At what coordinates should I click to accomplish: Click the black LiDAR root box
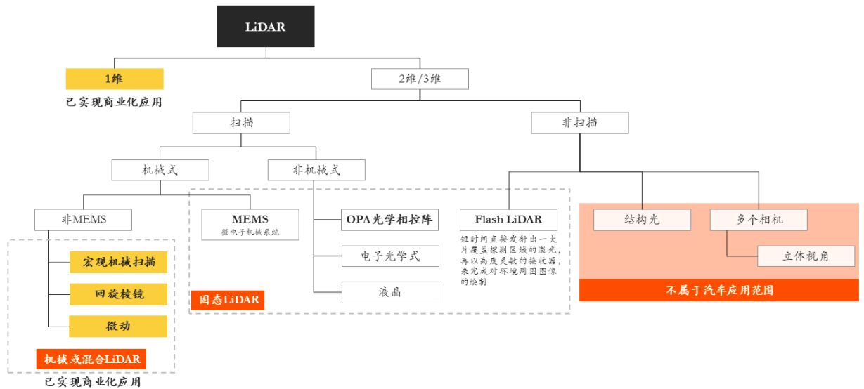(265, 27)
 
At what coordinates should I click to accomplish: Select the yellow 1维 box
(115, 79)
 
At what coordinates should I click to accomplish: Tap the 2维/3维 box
(420, 79)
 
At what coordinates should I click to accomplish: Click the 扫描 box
(241, 123)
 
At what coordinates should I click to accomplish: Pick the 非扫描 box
(579, 123)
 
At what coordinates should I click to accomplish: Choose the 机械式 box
(160, 169)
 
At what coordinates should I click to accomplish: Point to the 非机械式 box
(316, 169)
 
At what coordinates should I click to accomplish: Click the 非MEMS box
(84, 220)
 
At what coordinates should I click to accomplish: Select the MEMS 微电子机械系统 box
(250, 223)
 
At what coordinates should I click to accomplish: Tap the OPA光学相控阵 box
(390, 220)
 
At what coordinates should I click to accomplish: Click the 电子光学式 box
(390, 256)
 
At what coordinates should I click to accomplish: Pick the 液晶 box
(390, 292)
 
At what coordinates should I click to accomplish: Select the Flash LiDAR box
(508, 220)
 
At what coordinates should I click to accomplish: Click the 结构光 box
(642, 220)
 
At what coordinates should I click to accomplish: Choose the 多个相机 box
(759, 220)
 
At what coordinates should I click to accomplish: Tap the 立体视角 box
(806, 256)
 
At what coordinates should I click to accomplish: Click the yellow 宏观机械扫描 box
(119, 263)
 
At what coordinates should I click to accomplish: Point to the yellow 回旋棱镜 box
(119, 294)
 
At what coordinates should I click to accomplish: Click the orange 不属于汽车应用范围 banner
(718, 290)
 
